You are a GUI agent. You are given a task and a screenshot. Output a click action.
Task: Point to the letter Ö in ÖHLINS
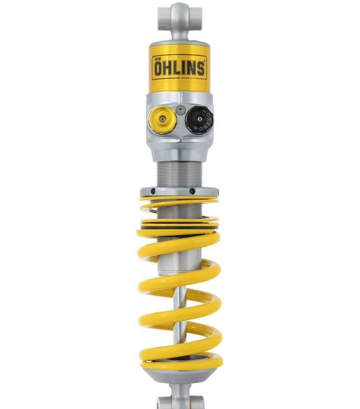pos(158,68)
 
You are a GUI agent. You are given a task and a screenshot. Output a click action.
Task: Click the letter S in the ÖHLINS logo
pos(200,68)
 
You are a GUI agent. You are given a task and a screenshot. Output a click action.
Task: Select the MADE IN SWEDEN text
pos(192,78)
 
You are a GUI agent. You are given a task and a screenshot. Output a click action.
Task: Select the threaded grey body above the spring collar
pos(179,174)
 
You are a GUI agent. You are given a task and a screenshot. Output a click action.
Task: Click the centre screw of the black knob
pos(199,119)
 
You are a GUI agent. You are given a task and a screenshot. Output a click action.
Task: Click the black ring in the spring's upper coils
pos(180,227)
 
